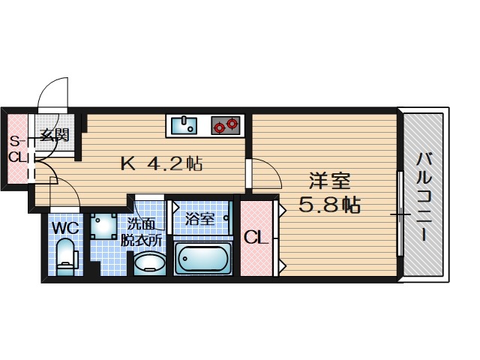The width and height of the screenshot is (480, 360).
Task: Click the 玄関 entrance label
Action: (x=55, y=136)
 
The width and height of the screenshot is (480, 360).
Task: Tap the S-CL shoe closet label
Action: (x=16, y=149)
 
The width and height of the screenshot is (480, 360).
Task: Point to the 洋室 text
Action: (x=331, y=181)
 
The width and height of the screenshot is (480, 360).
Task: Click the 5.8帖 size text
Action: (x=331, y=203)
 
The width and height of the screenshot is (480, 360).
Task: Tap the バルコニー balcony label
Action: (x=424, y=196)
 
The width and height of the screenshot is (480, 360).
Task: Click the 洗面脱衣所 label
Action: (x=144, y=232)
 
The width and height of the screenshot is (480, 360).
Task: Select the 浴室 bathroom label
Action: (x=200, y=219)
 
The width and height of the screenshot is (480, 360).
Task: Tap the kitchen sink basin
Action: (x=184, y=124)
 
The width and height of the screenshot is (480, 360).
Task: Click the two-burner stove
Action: (x=226, y=124)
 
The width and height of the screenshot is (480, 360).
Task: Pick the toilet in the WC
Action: (x=67, y=256)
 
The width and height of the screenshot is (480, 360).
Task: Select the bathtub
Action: (x=202, y=258)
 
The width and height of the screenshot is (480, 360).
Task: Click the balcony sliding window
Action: (x=400, y=214)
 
